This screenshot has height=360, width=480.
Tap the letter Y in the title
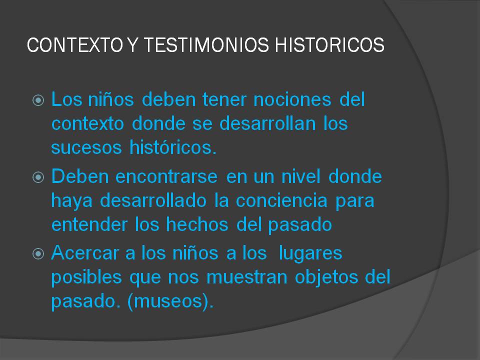point(132,45)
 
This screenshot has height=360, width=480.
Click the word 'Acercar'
point(85,253)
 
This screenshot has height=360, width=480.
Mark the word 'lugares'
point(310,253)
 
